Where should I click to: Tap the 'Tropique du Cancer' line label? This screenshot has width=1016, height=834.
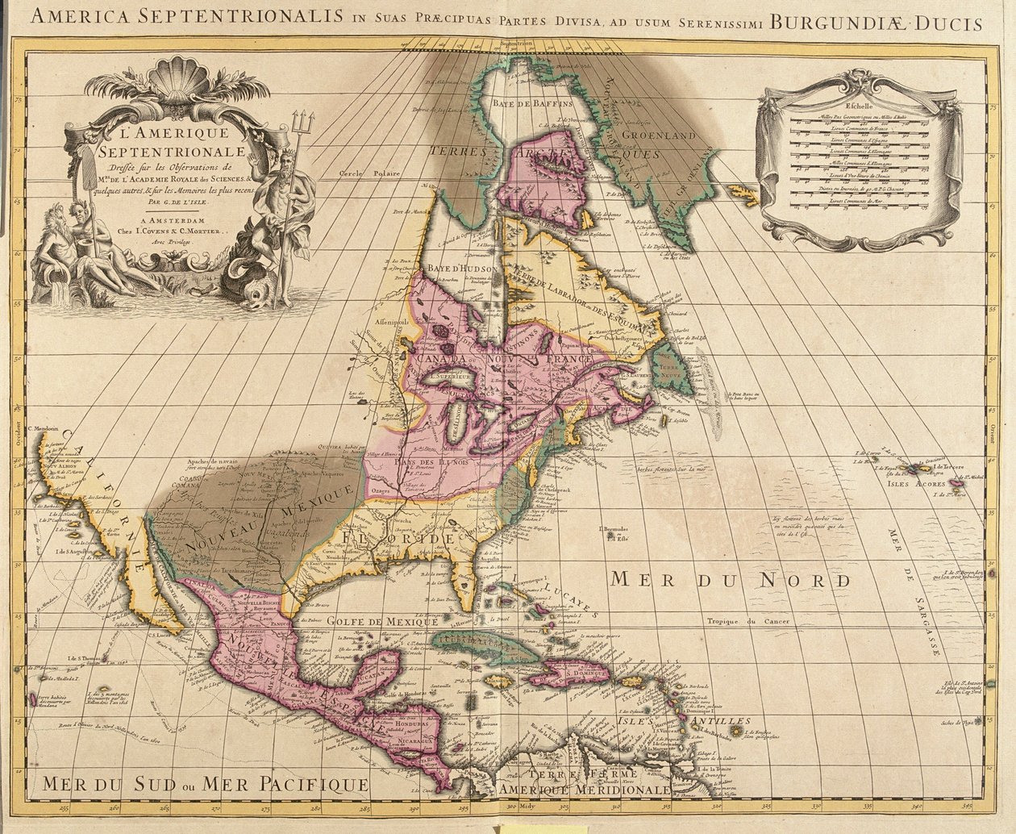tap(746, 621)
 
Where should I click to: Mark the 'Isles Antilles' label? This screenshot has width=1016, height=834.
tap(703, 721)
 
